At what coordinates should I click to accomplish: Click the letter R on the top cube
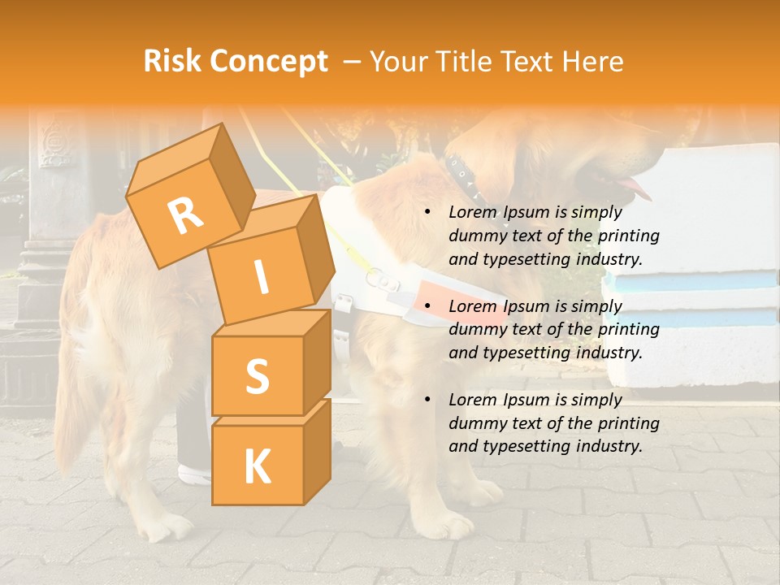tap(185, 215)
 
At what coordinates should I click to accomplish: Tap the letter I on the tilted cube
tap(261, 277)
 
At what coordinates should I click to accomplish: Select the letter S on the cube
tap(257, 376)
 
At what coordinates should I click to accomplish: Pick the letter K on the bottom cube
tap(257, 466)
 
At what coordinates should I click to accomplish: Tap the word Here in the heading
tap(594, 61)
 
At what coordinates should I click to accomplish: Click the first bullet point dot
tap(427, 213)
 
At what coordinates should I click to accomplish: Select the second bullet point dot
tap(427, 306)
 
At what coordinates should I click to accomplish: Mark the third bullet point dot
tap(427, 400)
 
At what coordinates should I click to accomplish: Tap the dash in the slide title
tap(352, 61)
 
